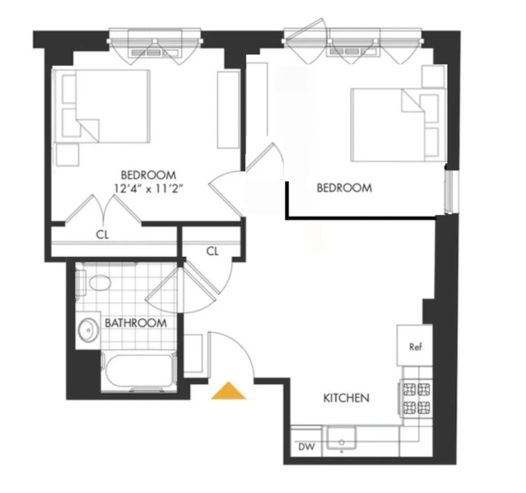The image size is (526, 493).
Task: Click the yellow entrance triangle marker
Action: click(228, 391)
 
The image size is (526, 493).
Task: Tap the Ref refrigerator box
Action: click(415, 346)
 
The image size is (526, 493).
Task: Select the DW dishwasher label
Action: click(306, 447)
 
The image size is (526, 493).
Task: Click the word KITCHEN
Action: click(346, 398)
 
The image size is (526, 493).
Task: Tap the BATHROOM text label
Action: click(136, 323)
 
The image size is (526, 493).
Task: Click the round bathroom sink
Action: click(87, 330)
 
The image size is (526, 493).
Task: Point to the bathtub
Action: click(138, 371)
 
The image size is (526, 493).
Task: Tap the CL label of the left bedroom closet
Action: click(103, 235)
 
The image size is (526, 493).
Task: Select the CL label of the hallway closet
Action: click(212, 251)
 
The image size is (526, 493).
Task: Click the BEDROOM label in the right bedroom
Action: click(344, 188)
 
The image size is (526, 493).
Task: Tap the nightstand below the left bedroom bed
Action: click(67, 155)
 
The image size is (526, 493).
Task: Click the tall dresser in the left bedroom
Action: click(228, 109)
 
